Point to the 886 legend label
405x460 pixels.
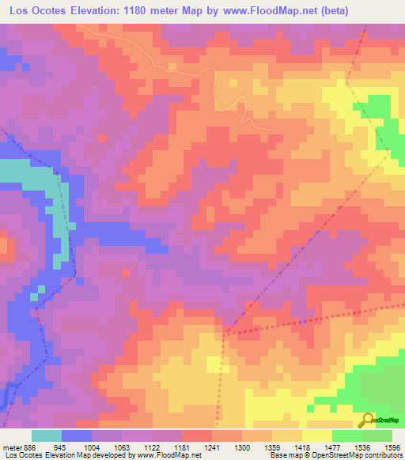[x=28, y=447]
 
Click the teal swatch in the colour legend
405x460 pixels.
[x=47, y=435]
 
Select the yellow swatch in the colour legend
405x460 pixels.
[x=317, y=435]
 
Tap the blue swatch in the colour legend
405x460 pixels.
[x=77, y=435]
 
